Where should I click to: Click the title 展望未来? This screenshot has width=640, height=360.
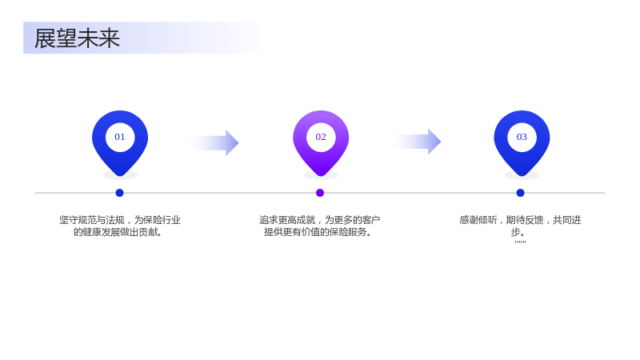pos(77,38)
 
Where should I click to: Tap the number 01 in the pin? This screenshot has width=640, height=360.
pos(119,137)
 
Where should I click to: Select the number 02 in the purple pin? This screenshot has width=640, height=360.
pos(321,137)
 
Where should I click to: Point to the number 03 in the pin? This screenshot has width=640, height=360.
pos(522,137)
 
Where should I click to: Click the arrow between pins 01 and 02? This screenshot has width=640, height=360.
pos(214,143)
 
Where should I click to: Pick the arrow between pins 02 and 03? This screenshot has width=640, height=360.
pos(417,142)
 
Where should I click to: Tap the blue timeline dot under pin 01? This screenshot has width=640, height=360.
pos(119,193)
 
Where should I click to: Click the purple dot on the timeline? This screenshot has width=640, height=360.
pos(320,193)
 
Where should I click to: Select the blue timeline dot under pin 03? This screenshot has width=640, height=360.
pos(520,193)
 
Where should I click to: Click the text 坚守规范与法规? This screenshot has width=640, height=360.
pos(92,220)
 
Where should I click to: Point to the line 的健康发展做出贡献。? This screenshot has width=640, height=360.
pos(118,232)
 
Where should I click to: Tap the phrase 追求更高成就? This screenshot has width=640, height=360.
pos(287,220)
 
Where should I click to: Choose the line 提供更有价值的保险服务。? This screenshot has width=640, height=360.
pos(318,232)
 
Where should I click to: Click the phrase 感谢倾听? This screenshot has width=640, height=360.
pos(478,220)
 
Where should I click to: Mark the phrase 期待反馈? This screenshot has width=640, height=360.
pos(525,220)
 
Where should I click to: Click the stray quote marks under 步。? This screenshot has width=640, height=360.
pos(521,242)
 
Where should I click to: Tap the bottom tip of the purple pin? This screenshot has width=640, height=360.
pos(321,176)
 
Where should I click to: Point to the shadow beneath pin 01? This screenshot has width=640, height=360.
pos(120,176)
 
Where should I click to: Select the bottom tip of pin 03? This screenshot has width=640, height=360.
pos(522,176)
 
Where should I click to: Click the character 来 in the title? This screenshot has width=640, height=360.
pos(109,38)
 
